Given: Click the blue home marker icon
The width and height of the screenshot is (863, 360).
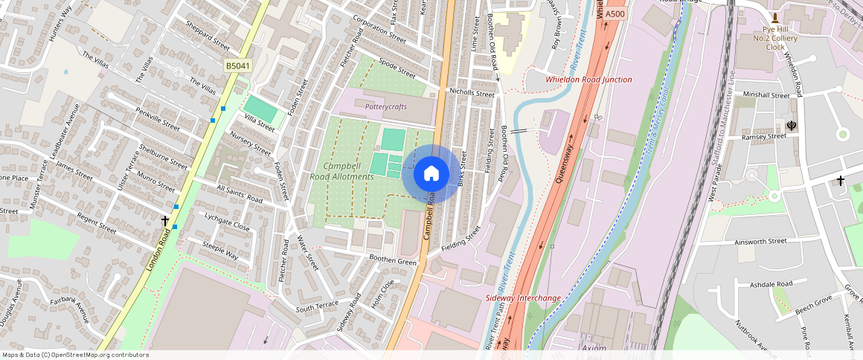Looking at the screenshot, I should coord(431,174).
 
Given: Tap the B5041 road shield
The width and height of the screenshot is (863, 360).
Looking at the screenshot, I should coord(238,66).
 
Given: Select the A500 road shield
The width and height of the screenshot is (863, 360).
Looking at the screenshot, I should coord(615,14).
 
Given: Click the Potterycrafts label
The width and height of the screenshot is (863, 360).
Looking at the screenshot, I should coord(386,107).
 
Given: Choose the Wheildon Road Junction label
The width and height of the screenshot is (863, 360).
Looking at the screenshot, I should coord(588,80).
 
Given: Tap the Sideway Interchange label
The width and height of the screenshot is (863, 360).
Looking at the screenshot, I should coord(523,298).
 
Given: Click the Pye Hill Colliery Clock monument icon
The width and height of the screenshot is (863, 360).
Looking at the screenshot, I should coord(774,18).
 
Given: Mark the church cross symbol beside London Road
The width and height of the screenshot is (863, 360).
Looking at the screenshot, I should coord(165,221).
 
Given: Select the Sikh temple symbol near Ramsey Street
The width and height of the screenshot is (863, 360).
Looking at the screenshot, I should coord(792,126).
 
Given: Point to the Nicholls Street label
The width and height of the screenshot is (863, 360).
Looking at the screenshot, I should coord(472,94).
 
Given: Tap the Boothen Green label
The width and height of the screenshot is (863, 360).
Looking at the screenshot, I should coord(394,260).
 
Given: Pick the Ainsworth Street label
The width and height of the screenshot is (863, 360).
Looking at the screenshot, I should coord(760,242).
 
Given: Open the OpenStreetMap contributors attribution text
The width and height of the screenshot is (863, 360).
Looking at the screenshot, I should coord(75,355).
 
